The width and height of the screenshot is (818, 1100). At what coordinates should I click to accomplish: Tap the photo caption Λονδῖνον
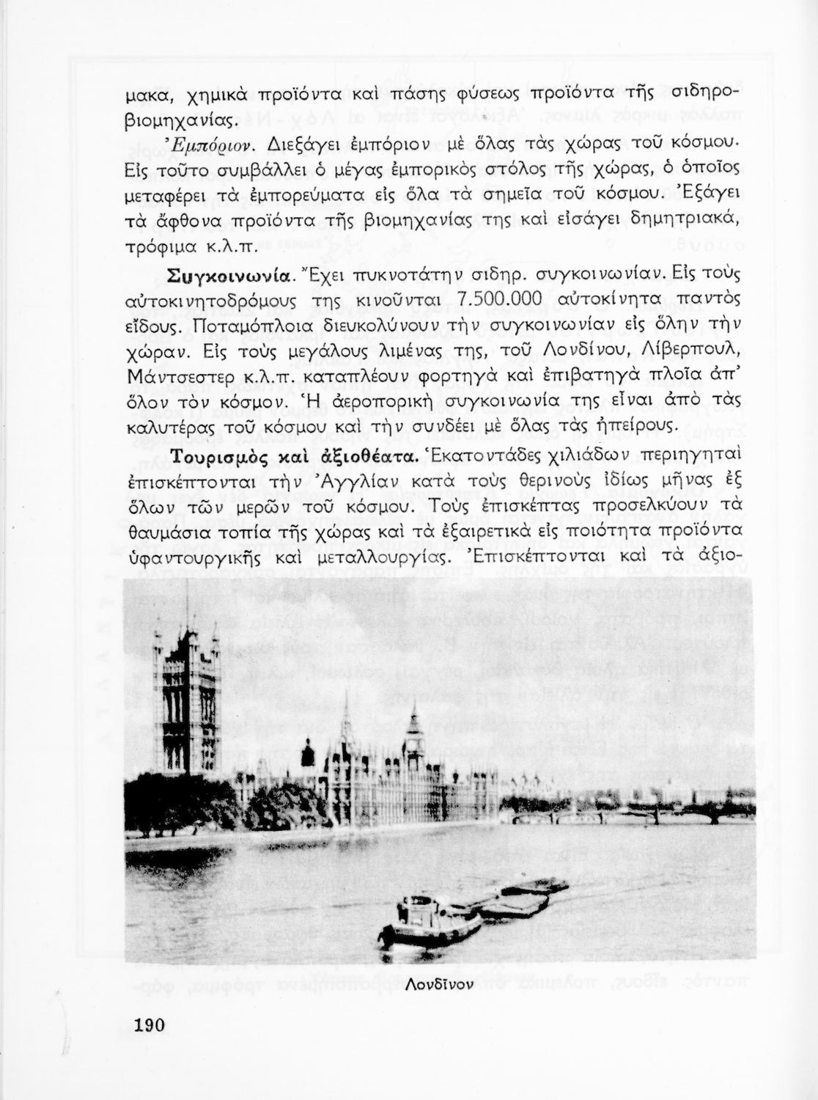(438, 983)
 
